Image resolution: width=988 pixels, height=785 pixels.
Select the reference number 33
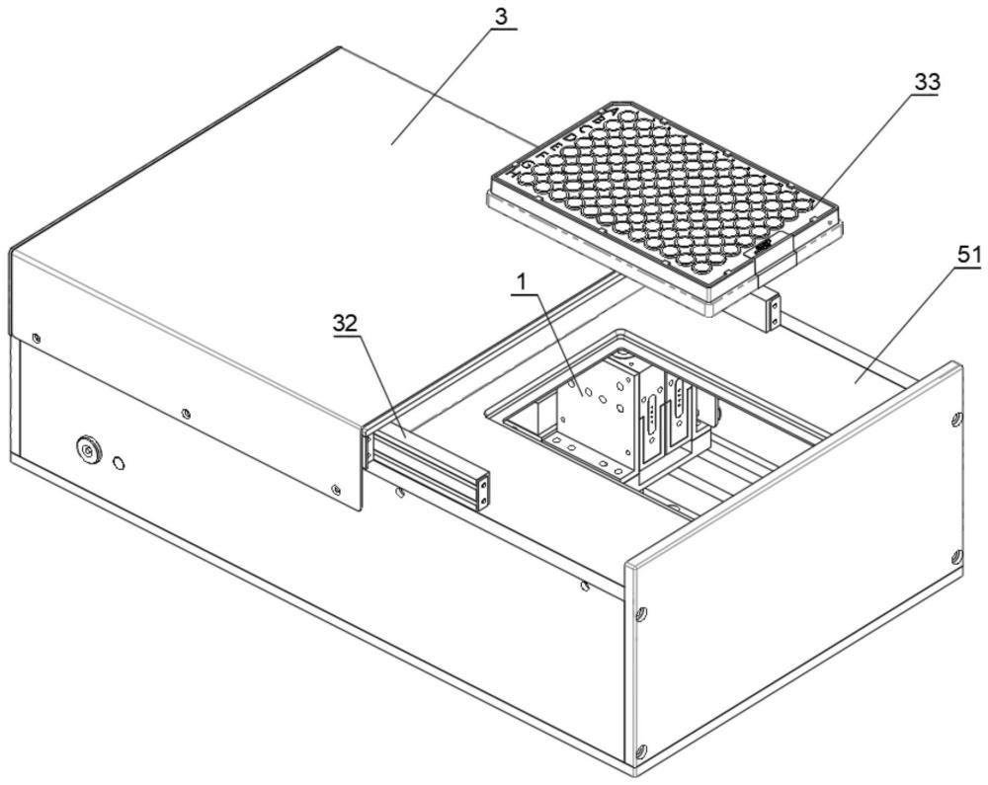coord(926,82)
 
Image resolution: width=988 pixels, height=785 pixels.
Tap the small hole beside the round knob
coord(120,462)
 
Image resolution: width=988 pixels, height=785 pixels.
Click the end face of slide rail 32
coord(483,491)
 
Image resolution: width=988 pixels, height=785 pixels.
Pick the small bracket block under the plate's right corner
coord(772,310)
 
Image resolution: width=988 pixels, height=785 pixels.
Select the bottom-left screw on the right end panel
coord(642,751)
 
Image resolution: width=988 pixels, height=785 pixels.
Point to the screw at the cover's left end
coord(37,339)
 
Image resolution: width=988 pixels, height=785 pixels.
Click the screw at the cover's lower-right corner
coord(337,488)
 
